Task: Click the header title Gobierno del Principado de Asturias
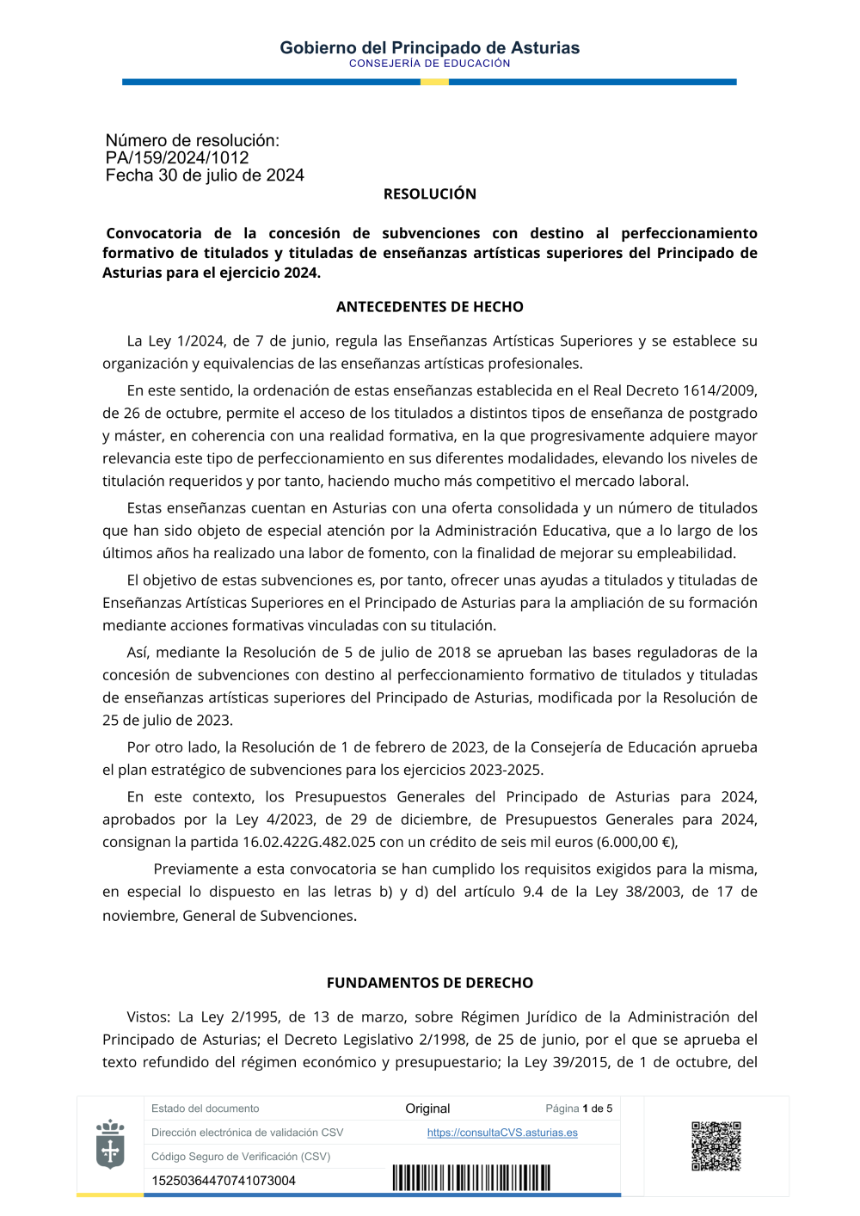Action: coord(429,48)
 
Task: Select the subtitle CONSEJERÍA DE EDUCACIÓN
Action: coord(429,64)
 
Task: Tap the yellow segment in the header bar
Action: coord(434,82)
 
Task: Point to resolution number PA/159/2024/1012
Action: coord(177,158)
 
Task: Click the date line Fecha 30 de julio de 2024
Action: coord(205,175)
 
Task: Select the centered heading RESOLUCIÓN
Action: coord(429,194)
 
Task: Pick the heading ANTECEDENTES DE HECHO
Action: coord(429,307)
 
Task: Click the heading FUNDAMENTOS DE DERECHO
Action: coord(429,983)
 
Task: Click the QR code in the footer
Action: coord(716,1145)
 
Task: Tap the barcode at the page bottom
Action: coord(471,1177)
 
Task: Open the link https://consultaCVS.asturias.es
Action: coord(502,1133)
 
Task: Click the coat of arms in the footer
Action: coord(110,1145)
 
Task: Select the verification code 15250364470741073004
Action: coord(224,1181)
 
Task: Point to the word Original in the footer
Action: coord(427,1109)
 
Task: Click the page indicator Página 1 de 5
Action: coord(579,1109)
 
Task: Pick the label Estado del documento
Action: coord(205,1109)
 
